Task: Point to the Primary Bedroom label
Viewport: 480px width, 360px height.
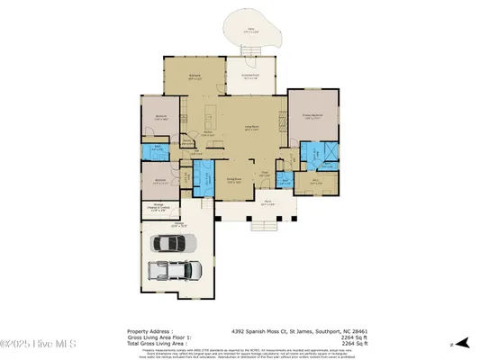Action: (313, 116)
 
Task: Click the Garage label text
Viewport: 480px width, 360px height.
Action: (179, 224)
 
